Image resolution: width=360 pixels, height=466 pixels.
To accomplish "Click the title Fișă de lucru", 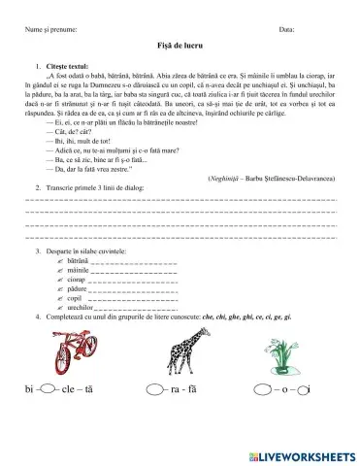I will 180,47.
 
